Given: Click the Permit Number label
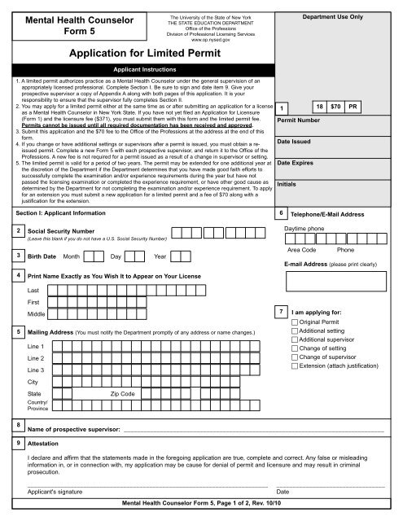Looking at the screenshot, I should tap(302, 120).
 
